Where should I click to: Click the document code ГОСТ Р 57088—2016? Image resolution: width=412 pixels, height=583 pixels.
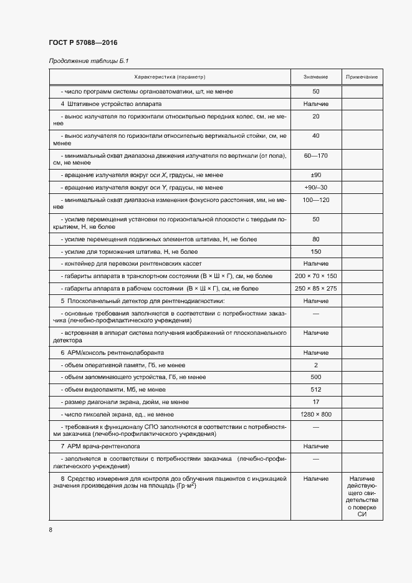click(83, 42)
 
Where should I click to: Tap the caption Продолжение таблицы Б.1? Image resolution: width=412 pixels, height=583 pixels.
click(84, 61)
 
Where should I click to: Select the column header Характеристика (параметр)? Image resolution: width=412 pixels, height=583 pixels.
click(170, 77)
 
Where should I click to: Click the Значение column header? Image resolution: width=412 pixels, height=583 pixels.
click(316, 77)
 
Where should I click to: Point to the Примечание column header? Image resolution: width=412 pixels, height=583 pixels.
click(362, 77)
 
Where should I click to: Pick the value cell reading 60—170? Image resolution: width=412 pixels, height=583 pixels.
click(316, 155)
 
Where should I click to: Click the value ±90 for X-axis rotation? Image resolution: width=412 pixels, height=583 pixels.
click(316, 175)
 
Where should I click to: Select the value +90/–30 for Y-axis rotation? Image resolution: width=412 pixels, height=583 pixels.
click(316, 188)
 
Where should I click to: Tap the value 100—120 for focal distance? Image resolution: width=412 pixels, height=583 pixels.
click(316, 200)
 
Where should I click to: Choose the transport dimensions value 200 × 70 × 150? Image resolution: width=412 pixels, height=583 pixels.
click(316, 276)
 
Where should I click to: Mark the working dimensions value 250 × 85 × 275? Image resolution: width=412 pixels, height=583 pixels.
click(316, 288)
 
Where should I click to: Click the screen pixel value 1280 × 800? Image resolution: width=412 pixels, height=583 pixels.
click(316, 414)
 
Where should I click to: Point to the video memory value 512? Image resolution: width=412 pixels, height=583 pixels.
click(316, 389)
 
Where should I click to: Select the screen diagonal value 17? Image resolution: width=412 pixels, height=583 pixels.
click(316, 402)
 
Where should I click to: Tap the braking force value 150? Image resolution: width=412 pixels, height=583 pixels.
click(316, 251)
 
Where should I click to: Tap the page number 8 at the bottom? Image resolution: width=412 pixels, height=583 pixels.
click(50, 530)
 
